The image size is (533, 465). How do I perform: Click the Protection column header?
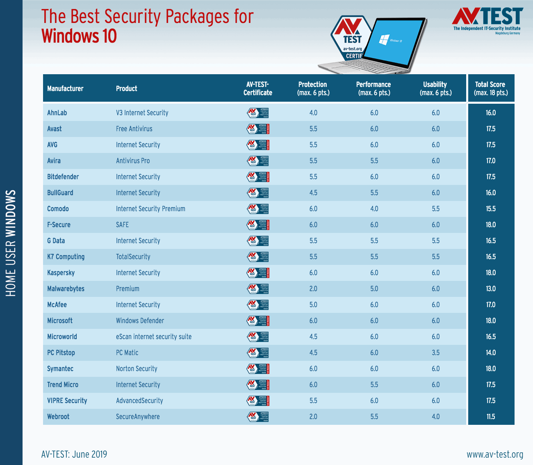[313, 88]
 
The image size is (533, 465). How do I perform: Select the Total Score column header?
[491, 88]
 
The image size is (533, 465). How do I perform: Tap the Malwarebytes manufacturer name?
[66, 289]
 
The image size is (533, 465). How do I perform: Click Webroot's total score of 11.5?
[491, 417]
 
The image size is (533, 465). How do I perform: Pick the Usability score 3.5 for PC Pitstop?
[435, 353]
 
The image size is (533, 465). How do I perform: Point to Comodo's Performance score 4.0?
[374, 209]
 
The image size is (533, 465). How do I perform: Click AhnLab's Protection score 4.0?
[313, 113]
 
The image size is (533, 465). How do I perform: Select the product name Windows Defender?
[140, 321]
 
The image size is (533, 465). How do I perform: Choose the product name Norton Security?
[137, 369]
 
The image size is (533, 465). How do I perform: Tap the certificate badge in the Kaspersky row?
[258, 273]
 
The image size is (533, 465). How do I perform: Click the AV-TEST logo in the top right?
[487, 19]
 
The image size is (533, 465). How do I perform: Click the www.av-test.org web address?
[495, 454]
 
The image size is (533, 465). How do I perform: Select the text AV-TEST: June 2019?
[74, 454]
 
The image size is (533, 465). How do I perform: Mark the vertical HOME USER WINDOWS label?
[11, 243]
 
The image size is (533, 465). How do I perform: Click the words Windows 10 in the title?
[79, 36]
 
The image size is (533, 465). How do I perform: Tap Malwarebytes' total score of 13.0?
[491, 289]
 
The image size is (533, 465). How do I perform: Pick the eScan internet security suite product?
[154, 337]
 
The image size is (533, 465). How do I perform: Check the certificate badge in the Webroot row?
[258, 417]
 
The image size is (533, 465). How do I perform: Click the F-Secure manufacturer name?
[59, 225]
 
